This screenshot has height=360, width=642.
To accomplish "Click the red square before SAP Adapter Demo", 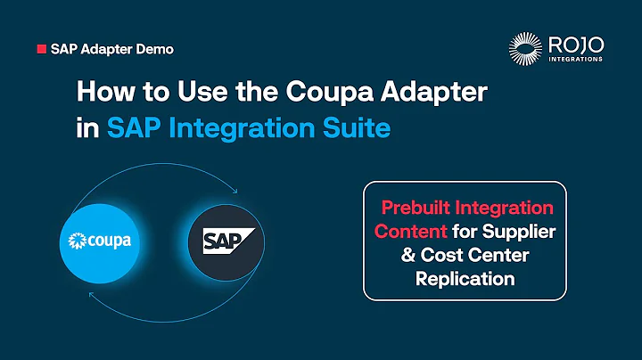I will (41, 50).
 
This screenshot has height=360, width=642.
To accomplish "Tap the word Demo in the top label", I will (154, 50).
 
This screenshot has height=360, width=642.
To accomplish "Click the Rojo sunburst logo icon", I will (525, 49).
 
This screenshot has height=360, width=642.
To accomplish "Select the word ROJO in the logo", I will (576, 44).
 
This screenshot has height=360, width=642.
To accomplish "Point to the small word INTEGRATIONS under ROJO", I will (576, 60).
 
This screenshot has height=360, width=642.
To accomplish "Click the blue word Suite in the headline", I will (356, 127).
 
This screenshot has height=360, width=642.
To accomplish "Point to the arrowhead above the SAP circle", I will (234, 190).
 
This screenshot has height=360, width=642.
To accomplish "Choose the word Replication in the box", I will (465, 279).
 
